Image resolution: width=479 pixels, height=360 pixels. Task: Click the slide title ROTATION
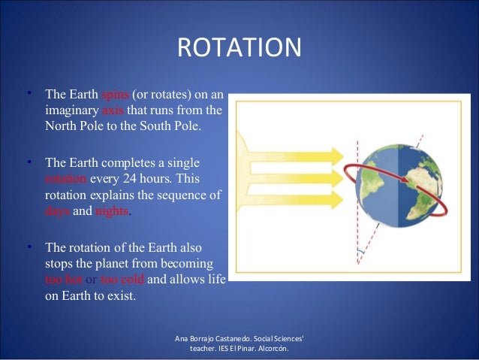pos(239,48)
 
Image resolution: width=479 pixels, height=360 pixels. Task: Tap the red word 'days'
pos(58,211)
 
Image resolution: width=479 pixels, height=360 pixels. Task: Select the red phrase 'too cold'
pos(122,280)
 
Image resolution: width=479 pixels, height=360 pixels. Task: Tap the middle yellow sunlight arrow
pos(300,178)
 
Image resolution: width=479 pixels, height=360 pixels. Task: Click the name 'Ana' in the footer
pos(182,340)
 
